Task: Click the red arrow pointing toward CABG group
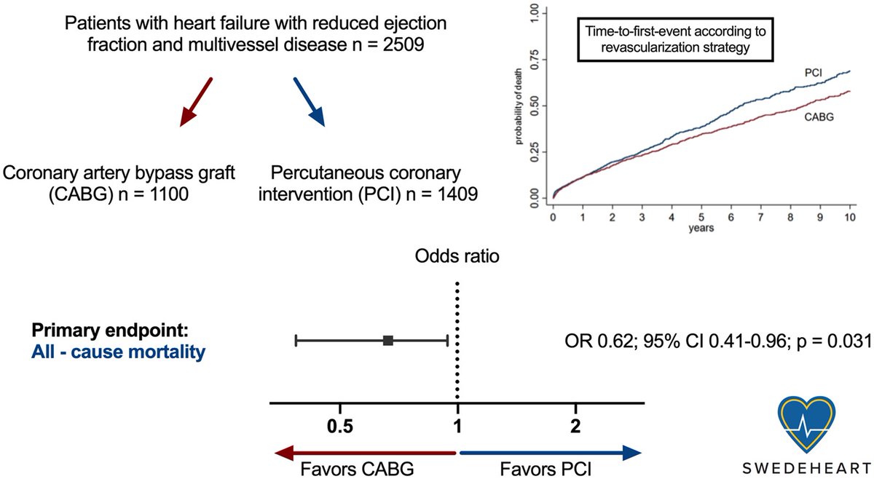(196, 101)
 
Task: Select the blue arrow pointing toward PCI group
(310, 101)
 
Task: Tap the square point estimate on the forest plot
(388, 340)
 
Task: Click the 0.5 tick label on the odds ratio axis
(340, 427)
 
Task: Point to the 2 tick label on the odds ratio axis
(576, 427)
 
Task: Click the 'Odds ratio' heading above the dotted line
(457, 258)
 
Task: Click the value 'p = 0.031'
(835, 340)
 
